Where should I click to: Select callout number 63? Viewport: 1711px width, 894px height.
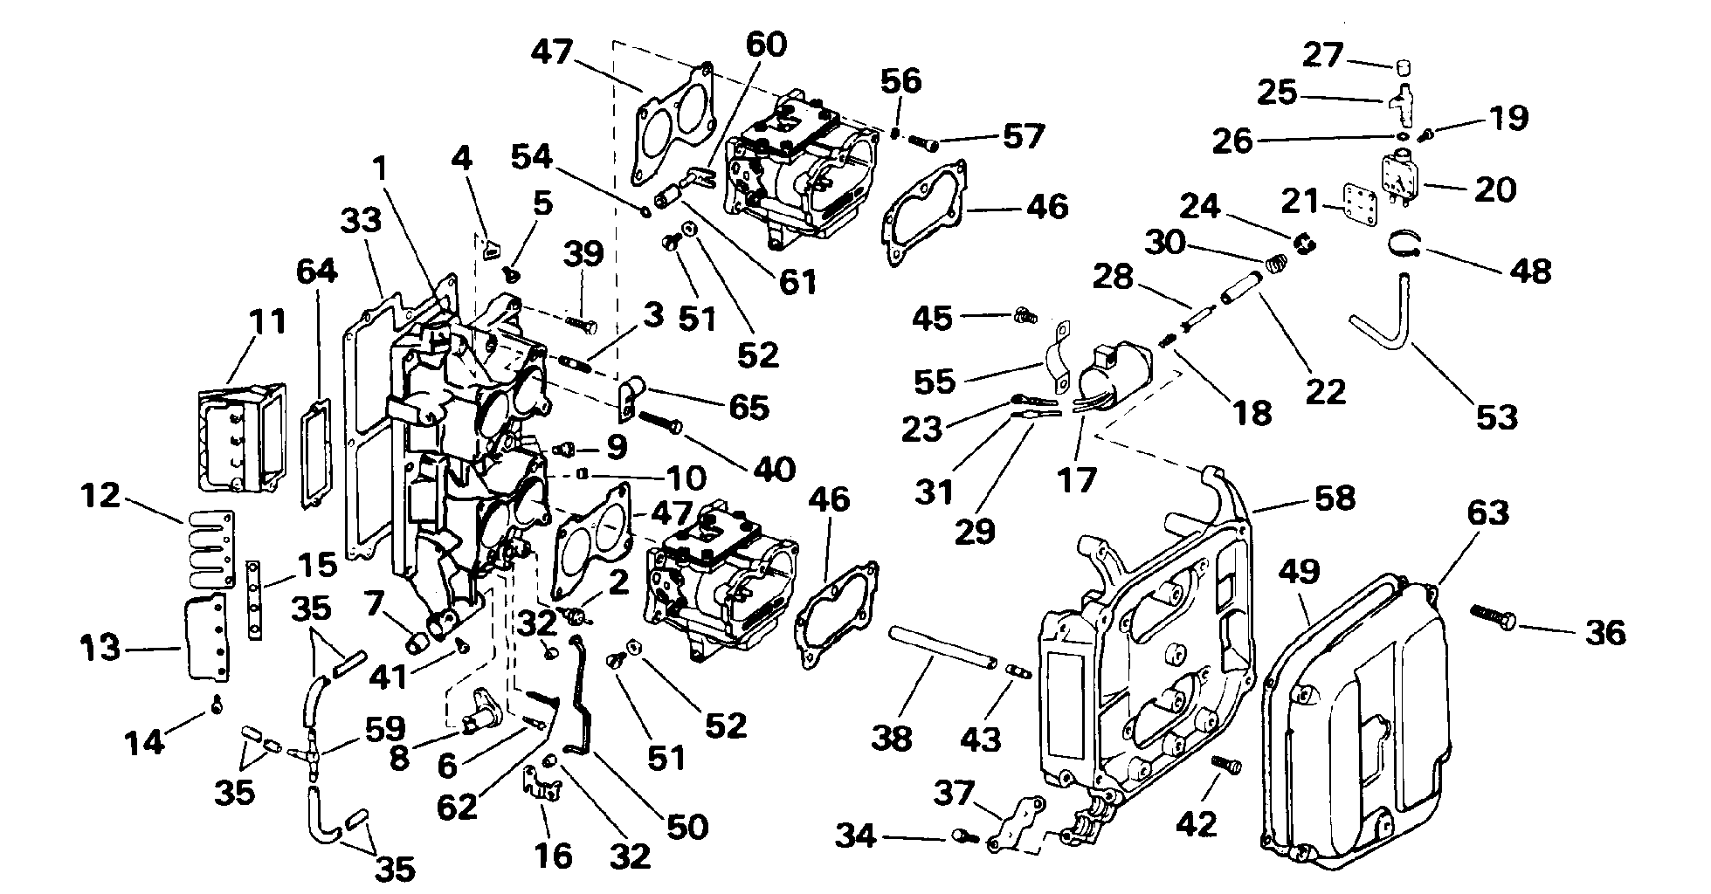tap(1487, 512)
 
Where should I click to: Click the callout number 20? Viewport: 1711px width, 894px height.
tap(1494, 189)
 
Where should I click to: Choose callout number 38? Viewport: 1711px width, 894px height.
tap(891, 737)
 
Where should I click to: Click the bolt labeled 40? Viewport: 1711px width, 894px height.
tap(662, 422)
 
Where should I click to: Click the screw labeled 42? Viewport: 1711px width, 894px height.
tap(1226, 764)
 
